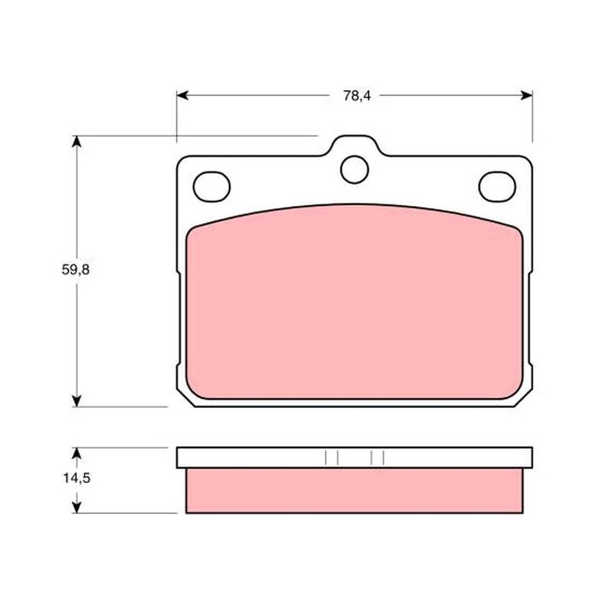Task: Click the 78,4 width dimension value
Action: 357,96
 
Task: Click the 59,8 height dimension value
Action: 76,270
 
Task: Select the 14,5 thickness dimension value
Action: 77,478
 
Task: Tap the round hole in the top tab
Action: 355,170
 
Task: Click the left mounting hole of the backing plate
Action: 212,186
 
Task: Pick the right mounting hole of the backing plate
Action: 497,186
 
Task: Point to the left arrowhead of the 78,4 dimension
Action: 183,95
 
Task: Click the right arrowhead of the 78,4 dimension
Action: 527,95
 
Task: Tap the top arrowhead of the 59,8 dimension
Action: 77,141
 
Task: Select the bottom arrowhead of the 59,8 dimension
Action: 77,401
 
